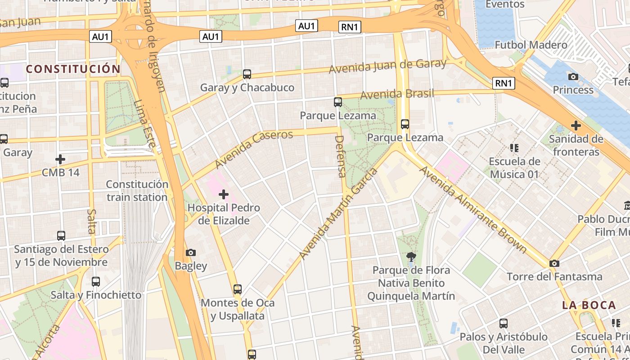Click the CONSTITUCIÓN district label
click(73, 69)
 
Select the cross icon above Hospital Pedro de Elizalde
click(223, 194)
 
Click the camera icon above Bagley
click(191, 252)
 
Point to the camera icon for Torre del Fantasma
click(554, 263)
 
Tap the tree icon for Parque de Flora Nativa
click(411, 257)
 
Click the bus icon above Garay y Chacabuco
click(247, 74)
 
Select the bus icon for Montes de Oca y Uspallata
click(238, 289)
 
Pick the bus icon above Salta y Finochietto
click(96, 282)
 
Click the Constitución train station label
click(137, 191)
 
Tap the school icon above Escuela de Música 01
click(514, 148)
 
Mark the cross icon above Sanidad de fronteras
click(576, 126)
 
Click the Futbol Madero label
click(531, 45)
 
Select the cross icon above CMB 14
click(60, 159)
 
